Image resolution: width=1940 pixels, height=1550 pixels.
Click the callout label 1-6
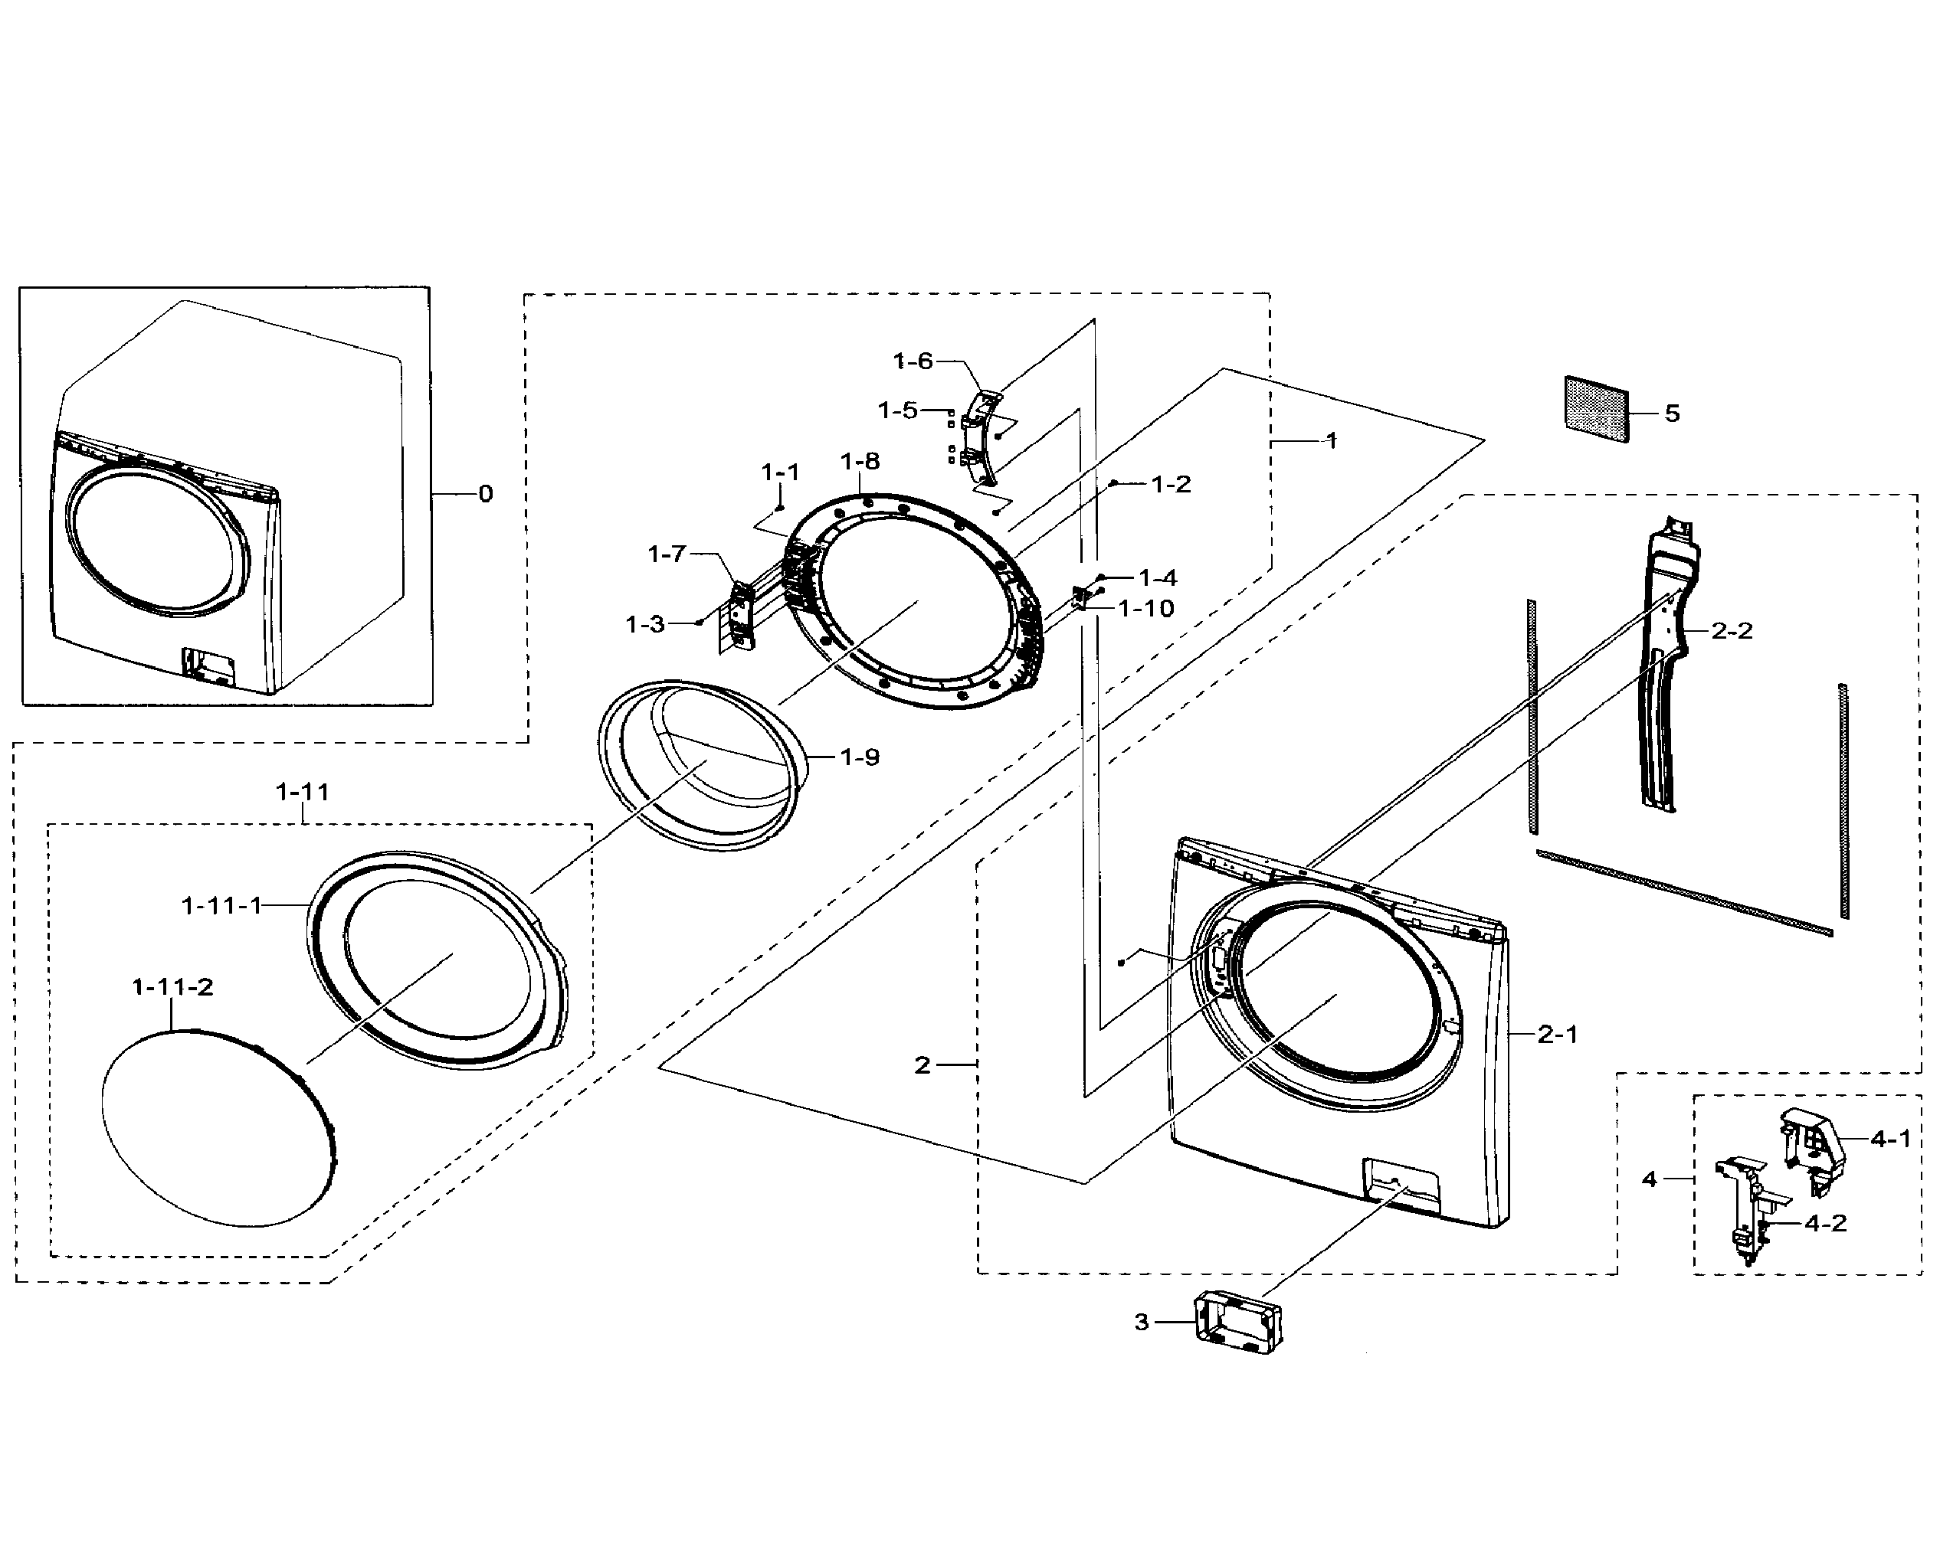tap(913, 361)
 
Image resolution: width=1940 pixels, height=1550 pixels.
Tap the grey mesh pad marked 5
tap(1596, 408)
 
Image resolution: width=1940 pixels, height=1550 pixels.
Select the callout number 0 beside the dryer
tap(485, 494)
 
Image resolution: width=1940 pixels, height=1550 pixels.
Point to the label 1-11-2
tap(172, 987)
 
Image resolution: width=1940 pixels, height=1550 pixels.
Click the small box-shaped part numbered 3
tap(1237, 1323)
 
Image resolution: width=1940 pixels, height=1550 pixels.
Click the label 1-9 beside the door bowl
tap(860, 757)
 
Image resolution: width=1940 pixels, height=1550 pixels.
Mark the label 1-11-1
tap(221, 905)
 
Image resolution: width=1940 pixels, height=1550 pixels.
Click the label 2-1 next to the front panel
tap(1558, 1035)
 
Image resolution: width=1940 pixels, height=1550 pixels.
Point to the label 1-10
tap(1146, 609)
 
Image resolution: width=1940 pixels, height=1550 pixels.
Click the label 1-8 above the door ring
tap(860, 462)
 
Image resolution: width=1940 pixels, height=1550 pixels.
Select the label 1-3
tap(644, 624)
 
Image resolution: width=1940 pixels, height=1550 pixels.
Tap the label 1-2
tap(1171, 484)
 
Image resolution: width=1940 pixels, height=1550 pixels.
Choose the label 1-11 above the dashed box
tap(303, 793)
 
